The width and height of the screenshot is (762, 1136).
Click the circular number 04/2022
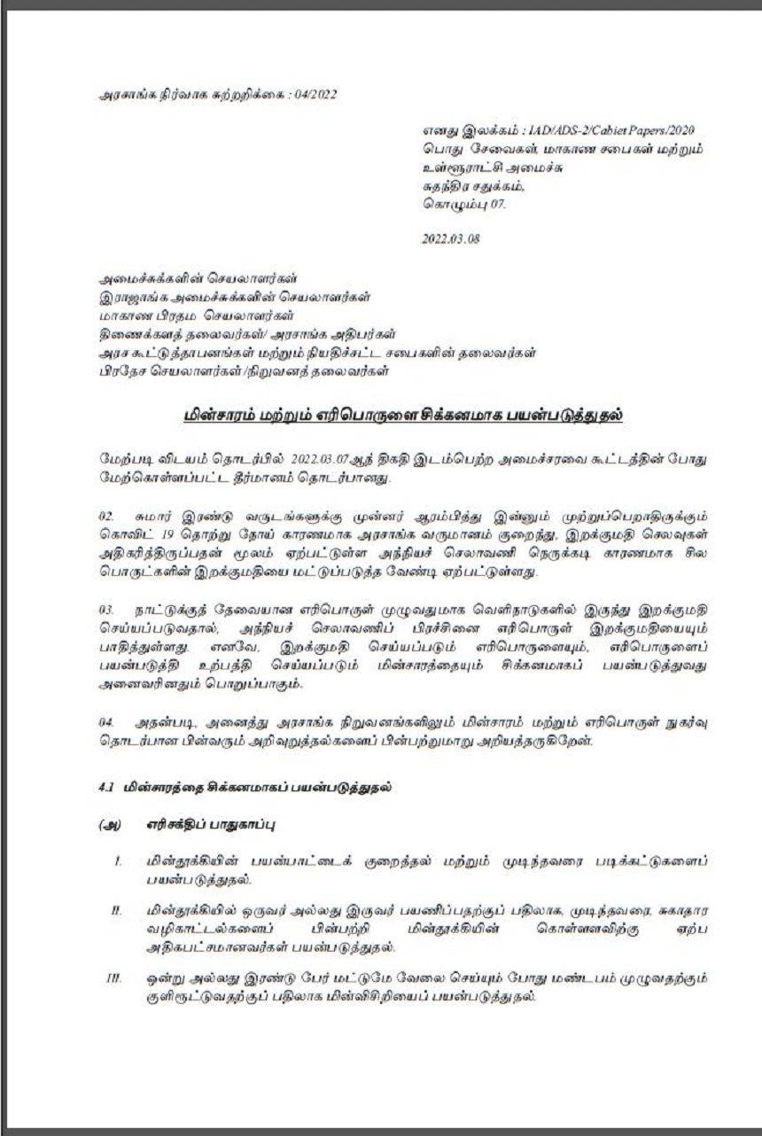pyautogui.click(x=315, y=92)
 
